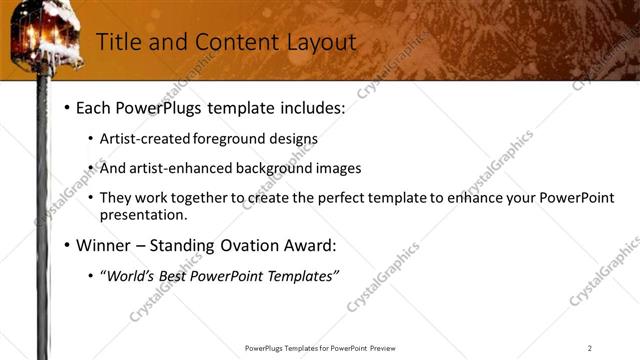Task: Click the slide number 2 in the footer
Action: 589,348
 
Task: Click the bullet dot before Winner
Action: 67,246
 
